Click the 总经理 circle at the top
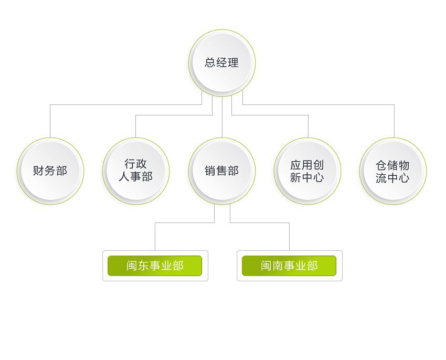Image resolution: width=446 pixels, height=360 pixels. point(222,63)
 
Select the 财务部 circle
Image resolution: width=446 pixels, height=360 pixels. point(50,171)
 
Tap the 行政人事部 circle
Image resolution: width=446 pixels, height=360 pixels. point(136,171)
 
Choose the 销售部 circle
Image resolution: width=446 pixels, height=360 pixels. point(222,171)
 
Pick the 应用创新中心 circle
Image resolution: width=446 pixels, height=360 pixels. point(307,171)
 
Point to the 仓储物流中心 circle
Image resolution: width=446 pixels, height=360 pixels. point(393,171)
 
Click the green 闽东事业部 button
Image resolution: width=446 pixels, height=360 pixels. point(155,266)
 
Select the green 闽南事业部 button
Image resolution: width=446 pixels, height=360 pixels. point(289,266)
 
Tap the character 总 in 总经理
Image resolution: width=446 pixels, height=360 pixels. point(210,62)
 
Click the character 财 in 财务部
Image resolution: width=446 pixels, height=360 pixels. point(38,171)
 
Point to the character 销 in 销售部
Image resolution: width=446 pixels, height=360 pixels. point(210,171)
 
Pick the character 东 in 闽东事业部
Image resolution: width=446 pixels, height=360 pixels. point(143,266)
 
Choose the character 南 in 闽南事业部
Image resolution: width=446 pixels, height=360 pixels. point(278,266)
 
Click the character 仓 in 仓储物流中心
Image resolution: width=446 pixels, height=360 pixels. point(381,165)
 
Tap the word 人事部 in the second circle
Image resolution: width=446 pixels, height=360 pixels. point(136,177)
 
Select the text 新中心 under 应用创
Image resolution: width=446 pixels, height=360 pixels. point(307,177)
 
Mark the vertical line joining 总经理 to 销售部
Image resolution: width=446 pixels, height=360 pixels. point(222,117)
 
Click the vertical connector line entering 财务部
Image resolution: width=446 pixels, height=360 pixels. point(50,121)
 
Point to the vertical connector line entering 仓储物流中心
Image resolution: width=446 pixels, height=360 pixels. point(394,121)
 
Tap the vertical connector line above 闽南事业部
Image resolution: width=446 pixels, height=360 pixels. point(289,237)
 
